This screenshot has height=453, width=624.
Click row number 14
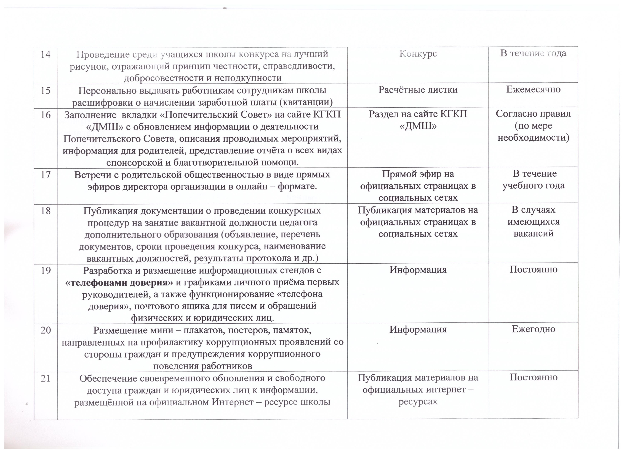pyautogui.click(x=46, y=54)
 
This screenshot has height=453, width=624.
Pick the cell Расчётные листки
pyautogui.click(x=418, y=90)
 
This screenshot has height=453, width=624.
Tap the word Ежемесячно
pyautogui.click(x=533, y=89)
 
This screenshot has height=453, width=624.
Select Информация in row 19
pyautogui.click(x=418, y=270)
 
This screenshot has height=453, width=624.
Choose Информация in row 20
pyautogui.click(x=418, y=329)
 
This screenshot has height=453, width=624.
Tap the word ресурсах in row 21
pyautogui.click(x=418, y=402)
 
